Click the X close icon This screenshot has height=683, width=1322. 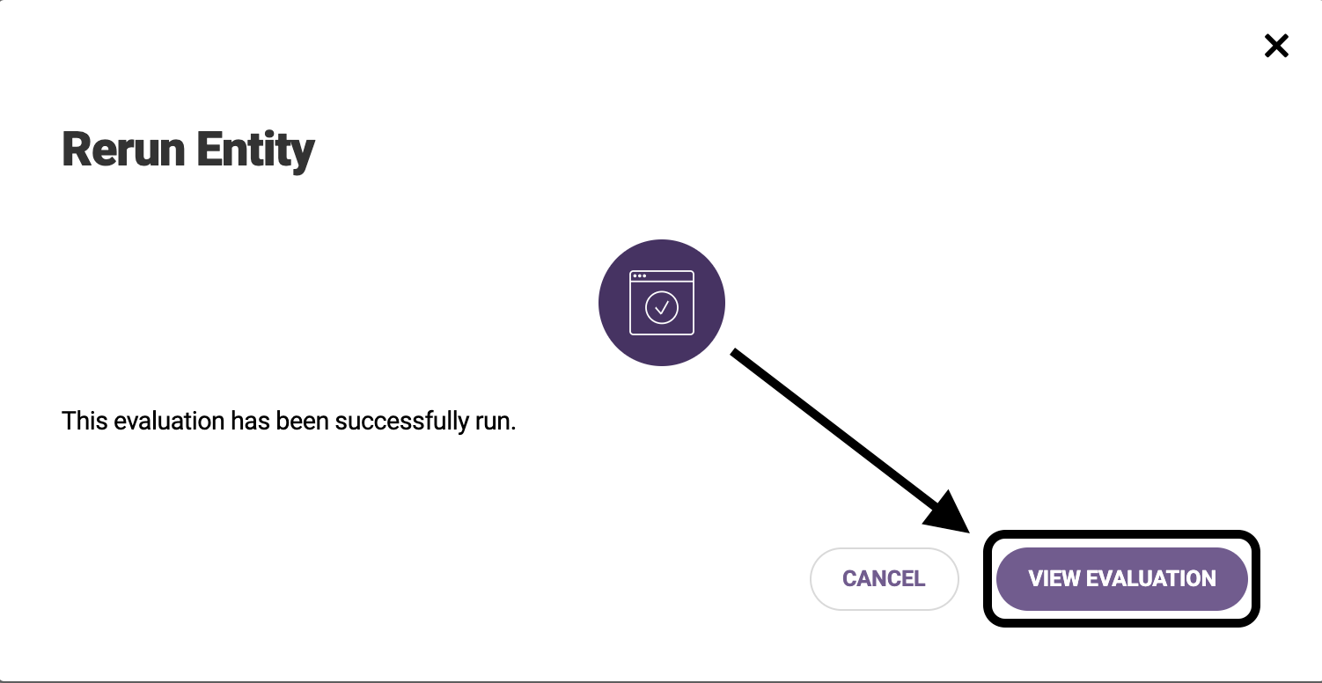click(x=1276, y=46)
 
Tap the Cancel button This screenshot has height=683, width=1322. click(x=884, y=578)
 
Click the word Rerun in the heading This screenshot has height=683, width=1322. click(x=123, y=150)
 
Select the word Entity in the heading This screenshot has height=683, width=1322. click(x=255, y=151)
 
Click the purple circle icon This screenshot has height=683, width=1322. click(x=662, y=302)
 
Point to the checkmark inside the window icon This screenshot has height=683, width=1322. click(x=662, y=307)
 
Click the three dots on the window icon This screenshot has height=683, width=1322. click(x=639, y=276)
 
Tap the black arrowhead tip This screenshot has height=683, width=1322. click(x=969, y=532)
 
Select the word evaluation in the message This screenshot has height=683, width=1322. click(x=169, y=422)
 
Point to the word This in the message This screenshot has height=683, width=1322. click(x=84, y=422)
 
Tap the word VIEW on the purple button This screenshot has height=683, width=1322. click(x=1054, y=578)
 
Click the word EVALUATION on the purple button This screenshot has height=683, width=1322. click(x=1151, y=578)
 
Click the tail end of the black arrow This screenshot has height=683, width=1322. click(x=733, y=352)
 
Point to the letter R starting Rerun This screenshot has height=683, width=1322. click(x=76, y=150)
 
